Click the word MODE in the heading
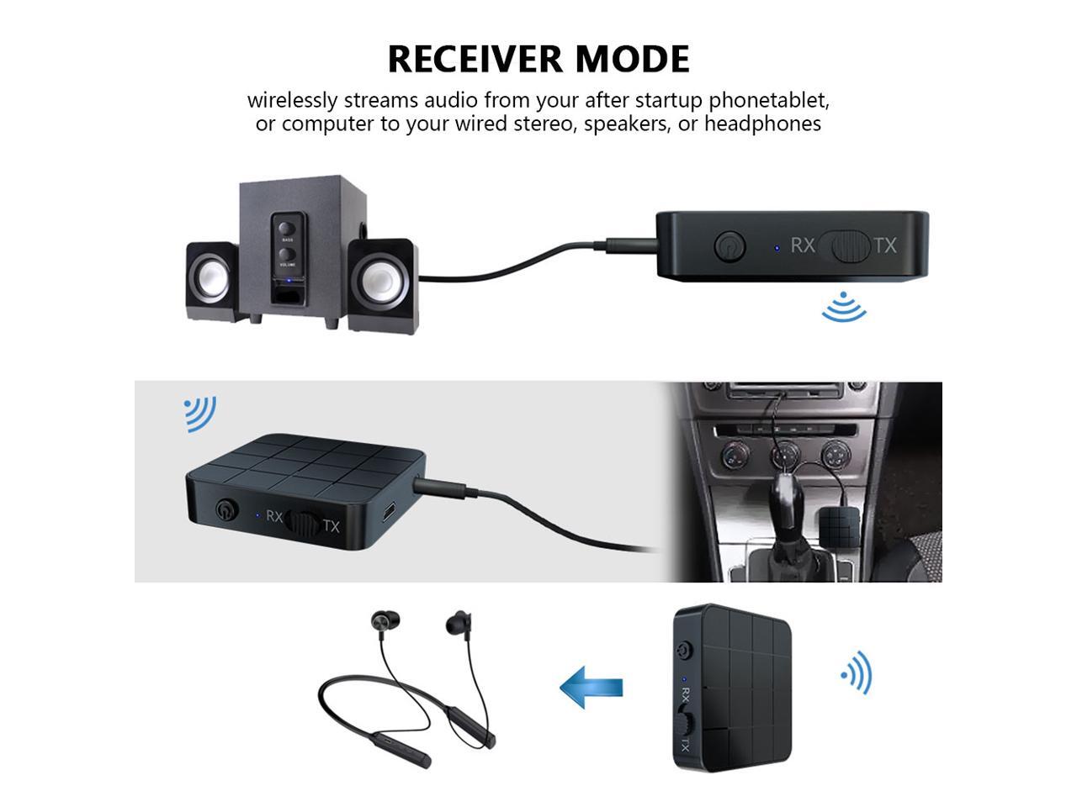(632, 59)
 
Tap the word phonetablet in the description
(768, 100)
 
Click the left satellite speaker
(211, 277)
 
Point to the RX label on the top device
(803, 245)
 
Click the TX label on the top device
(884, 245)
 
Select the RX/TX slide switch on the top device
(845, 245)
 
